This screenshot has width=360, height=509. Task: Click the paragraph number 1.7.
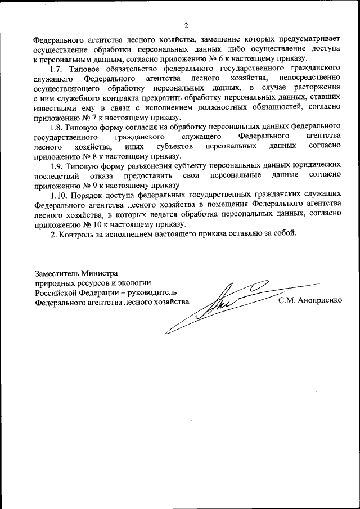tap(57, 69)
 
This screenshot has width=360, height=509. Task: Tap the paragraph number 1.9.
tap(57, 166)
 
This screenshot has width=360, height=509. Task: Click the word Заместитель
tap(56, 272)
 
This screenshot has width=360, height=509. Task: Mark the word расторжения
tap(318, 88)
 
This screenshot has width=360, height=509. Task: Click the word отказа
tap(101, 175)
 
